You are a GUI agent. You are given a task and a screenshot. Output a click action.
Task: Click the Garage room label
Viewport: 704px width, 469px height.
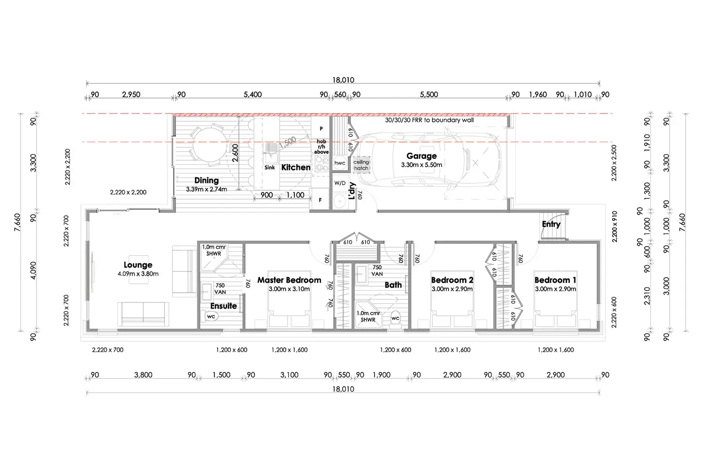point(421,156)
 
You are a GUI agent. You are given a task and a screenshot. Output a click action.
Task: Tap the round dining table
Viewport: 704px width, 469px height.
point(209,145)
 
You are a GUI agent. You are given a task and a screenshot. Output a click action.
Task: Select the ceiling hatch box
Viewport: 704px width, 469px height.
point(361,165)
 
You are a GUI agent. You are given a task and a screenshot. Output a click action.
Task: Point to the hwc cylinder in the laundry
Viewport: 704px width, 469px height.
point(340,163)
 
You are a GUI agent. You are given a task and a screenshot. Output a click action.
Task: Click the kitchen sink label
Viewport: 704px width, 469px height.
point(270,167)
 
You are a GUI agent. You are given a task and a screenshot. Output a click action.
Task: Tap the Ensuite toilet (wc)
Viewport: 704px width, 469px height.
point(210,316)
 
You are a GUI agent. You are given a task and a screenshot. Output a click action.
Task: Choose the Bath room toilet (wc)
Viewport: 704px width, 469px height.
point(395,318)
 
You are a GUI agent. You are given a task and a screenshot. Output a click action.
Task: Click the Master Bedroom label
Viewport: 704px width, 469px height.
point(289,280)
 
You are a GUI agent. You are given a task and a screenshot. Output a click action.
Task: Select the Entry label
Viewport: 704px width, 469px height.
point(551,224)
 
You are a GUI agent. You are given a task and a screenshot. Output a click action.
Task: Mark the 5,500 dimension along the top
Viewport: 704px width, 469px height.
point(429,95)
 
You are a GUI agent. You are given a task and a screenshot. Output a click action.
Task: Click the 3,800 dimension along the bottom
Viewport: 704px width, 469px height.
point(143,375)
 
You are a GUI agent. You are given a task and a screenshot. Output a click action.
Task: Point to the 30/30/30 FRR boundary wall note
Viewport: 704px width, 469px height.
point(429,120)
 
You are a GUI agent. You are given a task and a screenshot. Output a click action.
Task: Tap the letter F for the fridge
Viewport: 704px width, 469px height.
point(320,200)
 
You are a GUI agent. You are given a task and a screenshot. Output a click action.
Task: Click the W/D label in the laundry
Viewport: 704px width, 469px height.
point(340,183)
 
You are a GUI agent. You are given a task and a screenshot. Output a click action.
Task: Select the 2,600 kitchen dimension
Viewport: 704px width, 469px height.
point(235,153)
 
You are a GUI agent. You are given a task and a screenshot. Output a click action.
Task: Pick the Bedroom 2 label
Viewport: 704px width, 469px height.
point(452,280)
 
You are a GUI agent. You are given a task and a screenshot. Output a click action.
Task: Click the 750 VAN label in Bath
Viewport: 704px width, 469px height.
point(377,271)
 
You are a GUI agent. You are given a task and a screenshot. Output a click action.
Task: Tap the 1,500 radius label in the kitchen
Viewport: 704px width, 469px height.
point(288,142)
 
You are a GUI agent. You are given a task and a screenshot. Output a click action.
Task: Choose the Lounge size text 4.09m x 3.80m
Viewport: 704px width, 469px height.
point(138,273)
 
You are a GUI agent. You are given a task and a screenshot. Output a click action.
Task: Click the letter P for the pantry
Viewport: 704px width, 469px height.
point(321,129)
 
